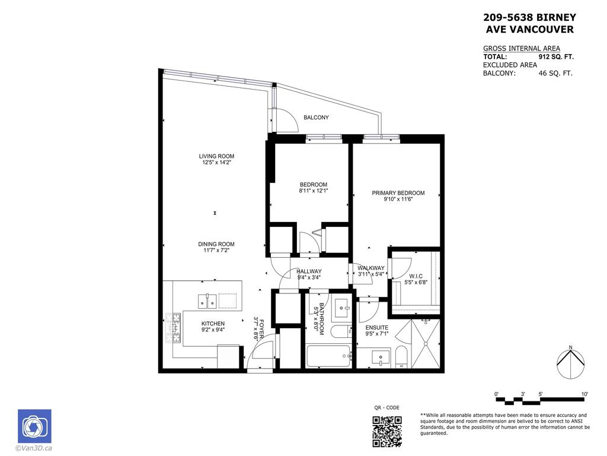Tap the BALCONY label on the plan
[x=316, y=118]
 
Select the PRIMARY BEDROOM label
[x=398, y=193]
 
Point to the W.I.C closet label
[x=415, y=276]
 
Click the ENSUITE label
[x=376, y=327]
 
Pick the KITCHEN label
[x=196, y=324]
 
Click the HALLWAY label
[x=309, y=271]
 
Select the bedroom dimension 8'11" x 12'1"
[x=313, y=191]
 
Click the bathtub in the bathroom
[x=330, y=357]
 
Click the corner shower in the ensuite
[x=425, y=344]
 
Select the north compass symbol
[x=570, y=362]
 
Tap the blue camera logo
[x=34, y=426]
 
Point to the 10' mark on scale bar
[x=584, y=394]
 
